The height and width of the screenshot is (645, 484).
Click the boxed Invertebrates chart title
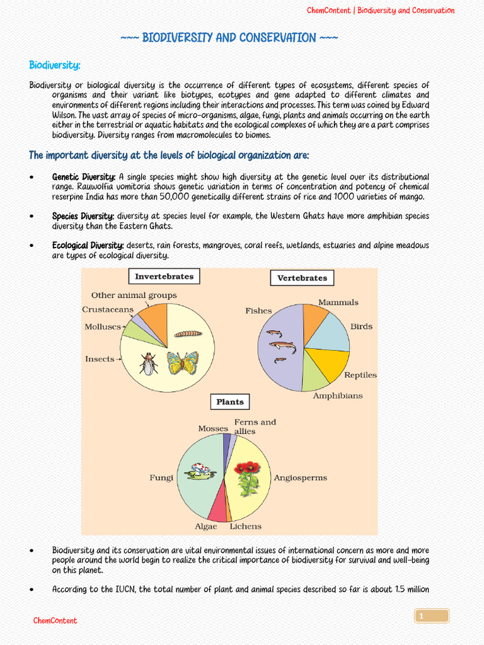[164, 277]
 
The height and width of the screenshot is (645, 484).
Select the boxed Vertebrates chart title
[302, 278]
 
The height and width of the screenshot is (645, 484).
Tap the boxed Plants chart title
[230, 402]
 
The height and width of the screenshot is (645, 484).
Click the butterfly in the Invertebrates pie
[183, 363]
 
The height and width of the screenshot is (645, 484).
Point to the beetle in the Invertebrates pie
[149, 364]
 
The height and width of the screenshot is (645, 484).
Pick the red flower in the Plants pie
[247, 469]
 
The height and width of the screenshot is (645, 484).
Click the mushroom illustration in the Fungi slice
[200, 470]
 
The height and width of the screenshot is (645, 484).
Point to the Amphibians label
[338, 396]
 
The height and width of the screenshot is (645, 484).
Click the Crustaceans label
[108, 309]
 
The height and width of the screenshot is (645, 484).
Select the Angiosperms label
[300, 478]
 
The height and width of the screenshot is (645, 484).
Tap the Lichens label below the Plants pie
[245, 527]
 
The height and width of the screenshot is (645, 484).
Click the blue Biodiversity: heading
[55, 66]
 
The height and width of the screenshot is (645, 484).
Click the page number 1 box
[432, 616]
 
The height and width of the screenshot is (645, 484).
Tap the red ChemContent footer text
[55, 620]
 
